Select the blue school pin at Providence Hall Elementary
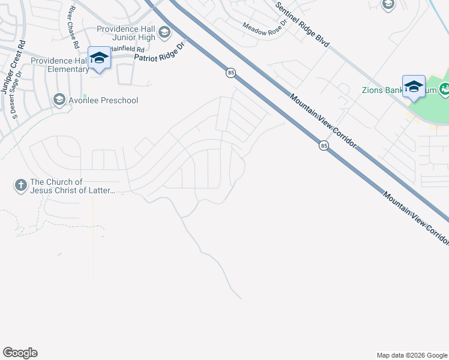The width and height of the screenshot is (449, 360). click(99, 58)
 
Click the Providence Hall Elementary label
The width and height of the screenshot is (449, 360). click(59, 65)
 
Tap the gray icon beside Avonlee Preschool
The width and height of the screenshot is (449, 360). click(59, 100)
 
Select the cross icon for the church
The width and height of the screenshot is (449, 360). click(21, 185)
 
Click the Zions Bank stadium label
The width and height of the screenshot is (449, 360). click(385, 91)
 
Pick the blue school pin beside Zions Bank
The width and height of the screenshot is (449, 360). click(414, 86)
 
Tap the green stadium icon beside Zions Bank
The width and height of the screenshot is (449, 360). click(445, 91)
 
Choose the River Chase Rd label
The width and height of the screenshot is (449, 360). click(74, 27)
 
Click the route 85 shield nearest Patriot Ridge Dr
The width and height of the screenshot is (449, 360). click(231, 73)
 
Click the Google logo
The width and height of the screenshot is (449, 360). click(20, 353)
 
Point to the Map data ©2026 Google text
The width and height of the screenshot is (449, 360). click(411, 355)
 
